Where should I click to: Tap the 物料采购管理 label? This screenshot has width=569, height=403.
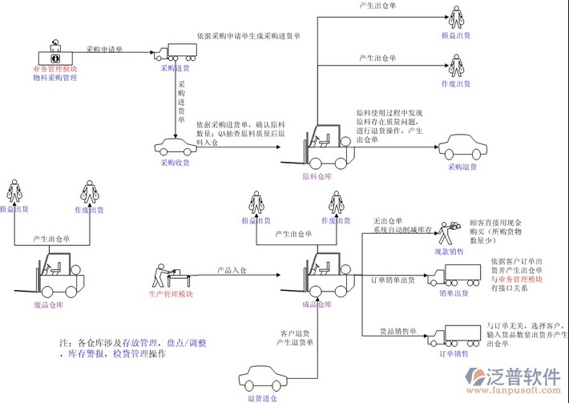coord(55,79)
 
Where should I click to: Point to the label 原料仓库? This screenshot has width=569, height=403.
coord(317,176)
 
